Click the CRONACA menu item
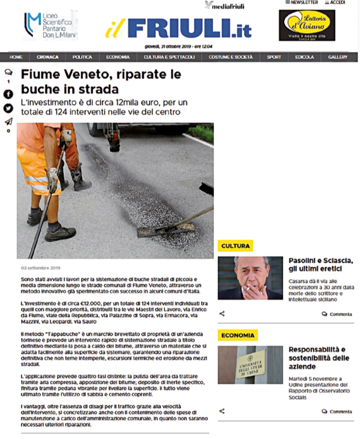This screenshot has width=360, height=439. click(47, 57)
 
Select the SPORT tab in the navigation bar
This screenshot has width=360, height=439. click(274, 57)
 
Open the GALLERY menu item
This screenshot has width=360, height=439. click(338, 57)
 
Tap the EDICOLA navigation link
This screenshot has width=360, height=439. click(304, 57)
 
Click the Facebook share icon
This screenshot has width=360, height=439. click(8, 95)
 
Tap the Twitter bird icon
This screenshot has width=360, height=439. click(8, 108)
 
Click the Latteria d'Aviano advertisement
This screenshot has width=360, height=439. click(307, 25)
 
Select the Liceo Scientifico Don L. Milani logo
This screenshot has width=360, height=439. click(50, 25)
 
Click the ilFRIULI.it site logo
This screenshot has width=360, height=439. click(178, 28)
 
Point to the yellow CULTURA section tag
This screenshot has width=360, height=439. click(235, 245)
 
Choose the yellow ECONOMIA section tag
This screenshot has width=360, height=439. click(238, 335)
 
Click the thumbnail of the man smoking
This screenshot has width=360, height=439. click(250, 278)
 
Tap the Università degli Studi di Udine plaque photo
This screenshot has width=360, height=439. click(250, 365)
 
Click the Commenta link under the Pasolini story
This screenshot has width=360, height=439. click(337, 314)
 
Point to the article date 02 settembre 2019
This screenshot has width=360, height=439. click(40, 268)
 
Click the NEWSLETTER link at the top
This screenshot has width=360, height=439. click(301, 3)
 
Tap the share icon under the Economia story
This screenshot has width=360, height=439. click(222, 411)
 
